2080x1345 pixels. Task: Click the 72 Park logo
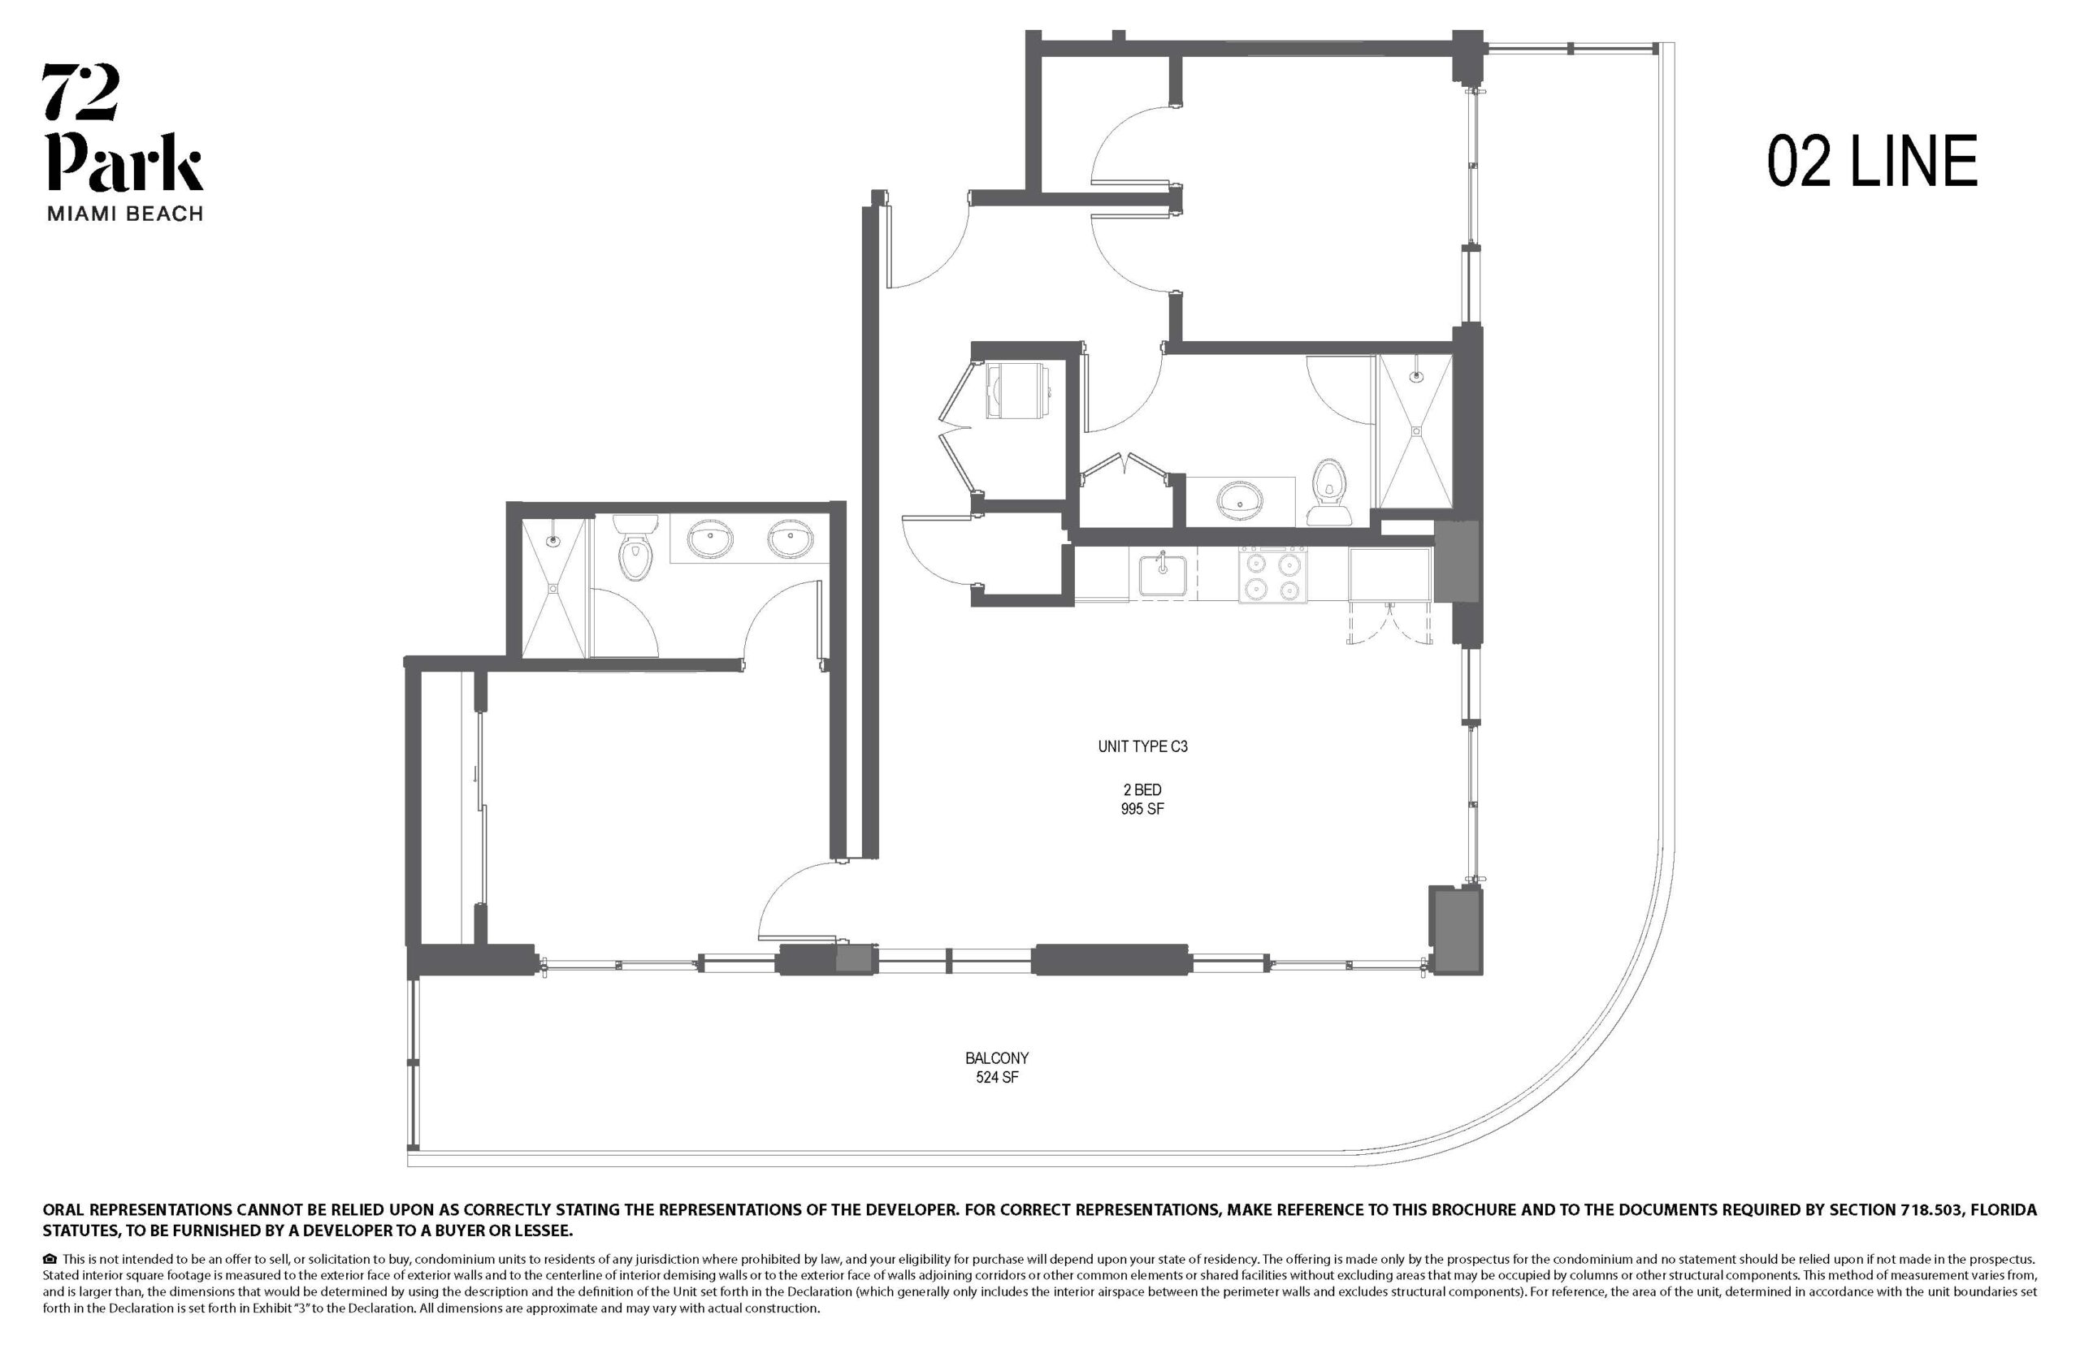(x=123, y=142)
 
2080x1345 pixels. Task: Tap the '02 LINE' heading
(x=1872, y=162)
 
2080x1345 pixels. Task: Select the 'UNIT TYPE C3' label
(x=1142, y=746)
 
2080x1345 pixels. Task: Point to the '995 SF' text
(x=1142, y=809)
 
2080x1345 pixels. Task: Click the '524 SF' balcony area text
(x=997, y=1077)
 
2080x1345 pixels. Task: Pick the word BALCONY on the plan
(x=997, y=1057)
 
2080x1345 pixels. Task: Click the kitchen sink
(x=1162, y=576)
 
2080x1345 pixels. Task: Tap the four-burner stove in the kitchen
(x=1273, y=576)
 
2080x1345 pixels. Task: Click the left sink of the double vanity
(x=710, y=538)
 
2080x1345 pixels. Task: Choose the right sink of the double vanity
(x=791, y=538)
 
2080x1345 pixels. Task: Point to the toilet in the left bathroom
(x=635, y=547)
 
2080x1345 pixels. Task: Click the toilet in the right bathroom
(x=1328, y=492)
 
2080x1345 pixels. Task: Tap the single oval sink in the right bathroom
(x=1241, y=501)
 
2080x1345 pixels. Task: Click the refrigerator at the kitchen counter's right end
(x=1390, y=575)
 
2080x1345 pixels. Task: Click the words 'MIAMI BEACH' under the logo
(x=124, y=213)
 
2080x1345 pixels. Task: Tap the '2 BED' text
(x=1142, y=789)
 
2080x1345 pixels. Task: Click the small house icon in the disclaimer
(x=50, y=1260)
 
